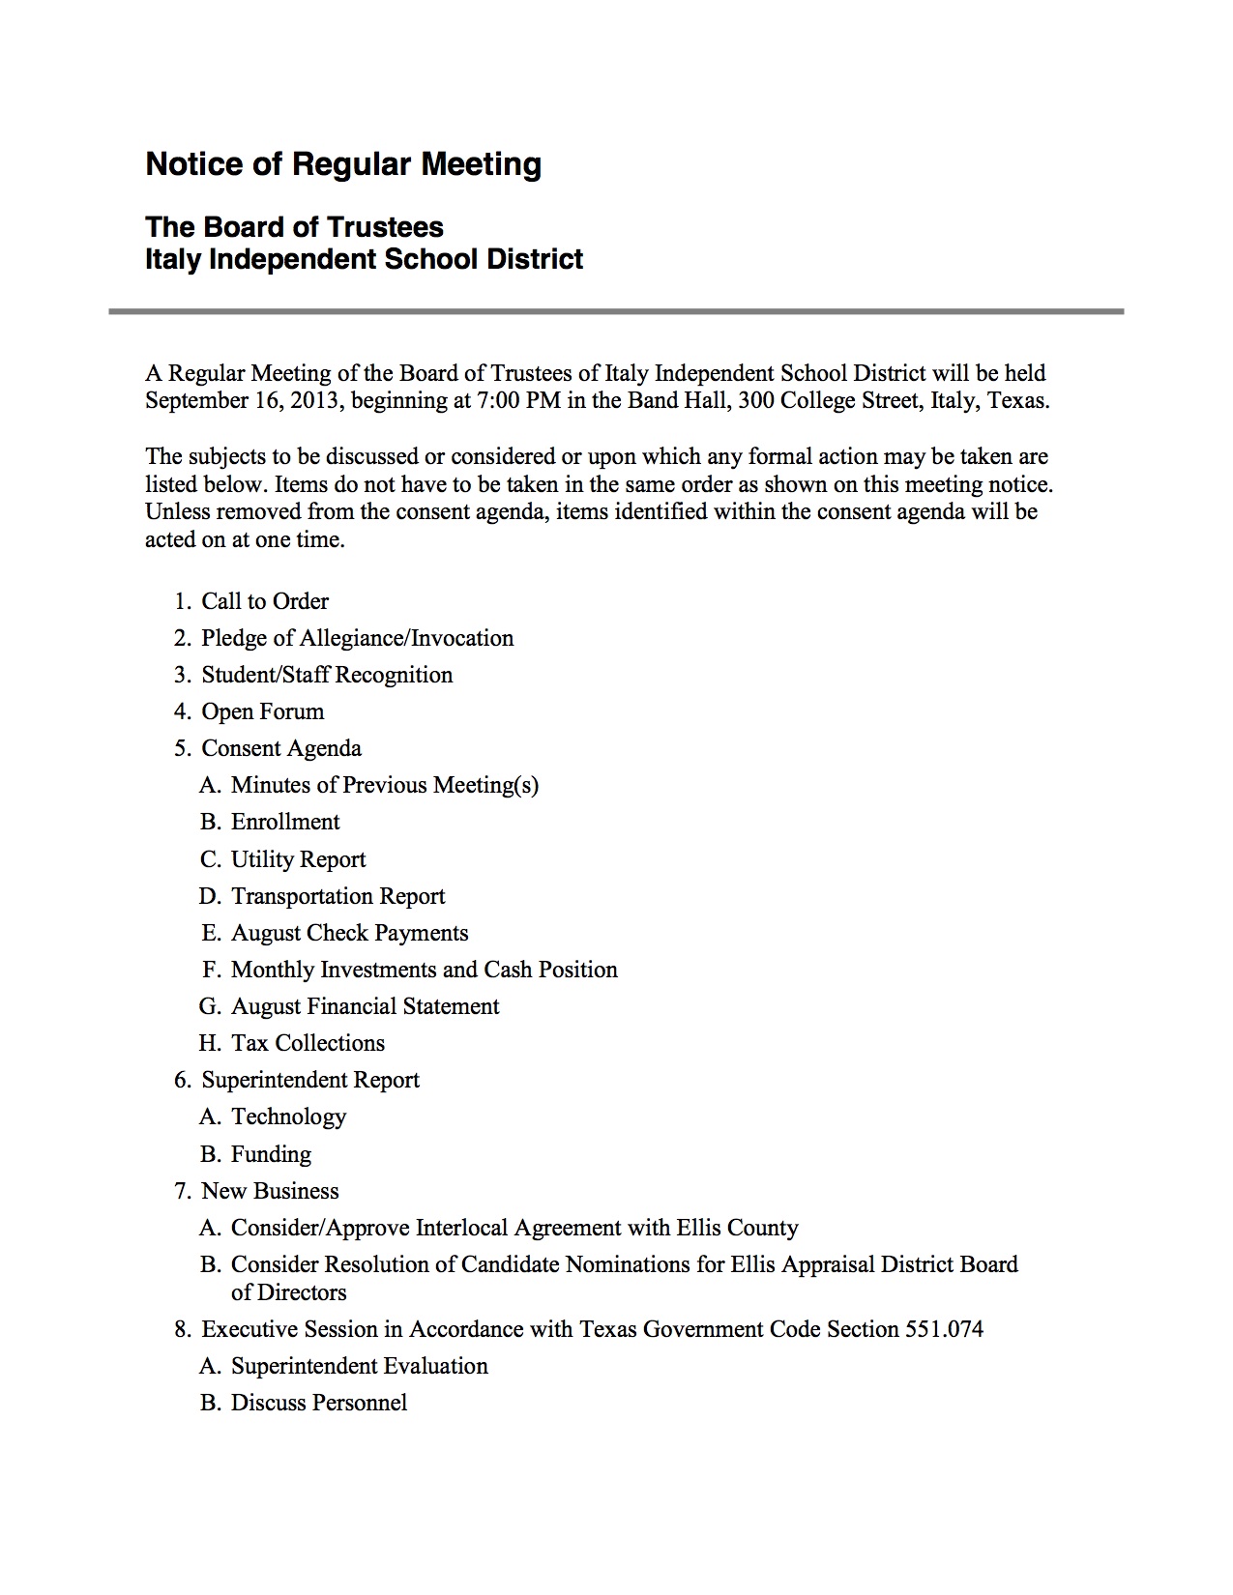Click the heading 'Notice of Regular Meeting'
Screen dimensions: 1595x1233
[x=343, y=164]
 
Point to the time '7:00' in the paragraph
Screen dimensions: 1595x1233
[x=498, y=401]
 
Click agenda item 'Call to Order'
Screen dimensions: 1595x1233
[x=265, y=601]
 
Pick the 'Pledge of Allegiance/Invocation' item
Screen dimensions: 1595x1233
[x=357, y=638]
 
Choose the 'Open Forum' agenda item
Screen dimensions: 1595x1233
[x=262, y=711]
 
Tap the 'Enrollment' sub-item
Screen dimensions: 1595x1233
[x=285, y=822]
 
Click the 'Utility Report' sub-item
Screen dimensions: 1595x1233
[x=298, y=859]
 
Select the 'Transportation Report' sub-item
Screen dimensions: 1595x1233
[x=338, y=896]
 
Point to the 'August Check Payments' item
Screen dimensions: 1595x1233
[x=349, y=933]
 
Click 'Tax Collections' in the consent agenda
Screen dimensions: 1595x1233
[x=308, y=1043]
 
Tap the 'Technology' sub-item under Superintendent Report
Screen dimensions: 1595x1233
[x=288, y=1116]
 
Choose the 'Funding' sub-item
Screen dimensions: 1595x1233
[x=271, y=1154]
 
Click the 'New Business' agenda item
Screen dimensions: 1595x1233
[x=270, y=1191]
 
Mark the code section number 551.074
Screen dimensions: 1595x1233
[x=944, y=1329]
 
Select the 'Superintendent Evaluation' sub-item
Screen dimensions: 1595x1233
[x=359, y=1366]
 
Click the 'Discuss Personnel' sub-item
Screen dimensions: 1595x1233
[x=318, y=1403]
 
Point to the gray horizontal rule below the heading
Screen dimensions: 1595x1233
[x=616, y=311]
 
